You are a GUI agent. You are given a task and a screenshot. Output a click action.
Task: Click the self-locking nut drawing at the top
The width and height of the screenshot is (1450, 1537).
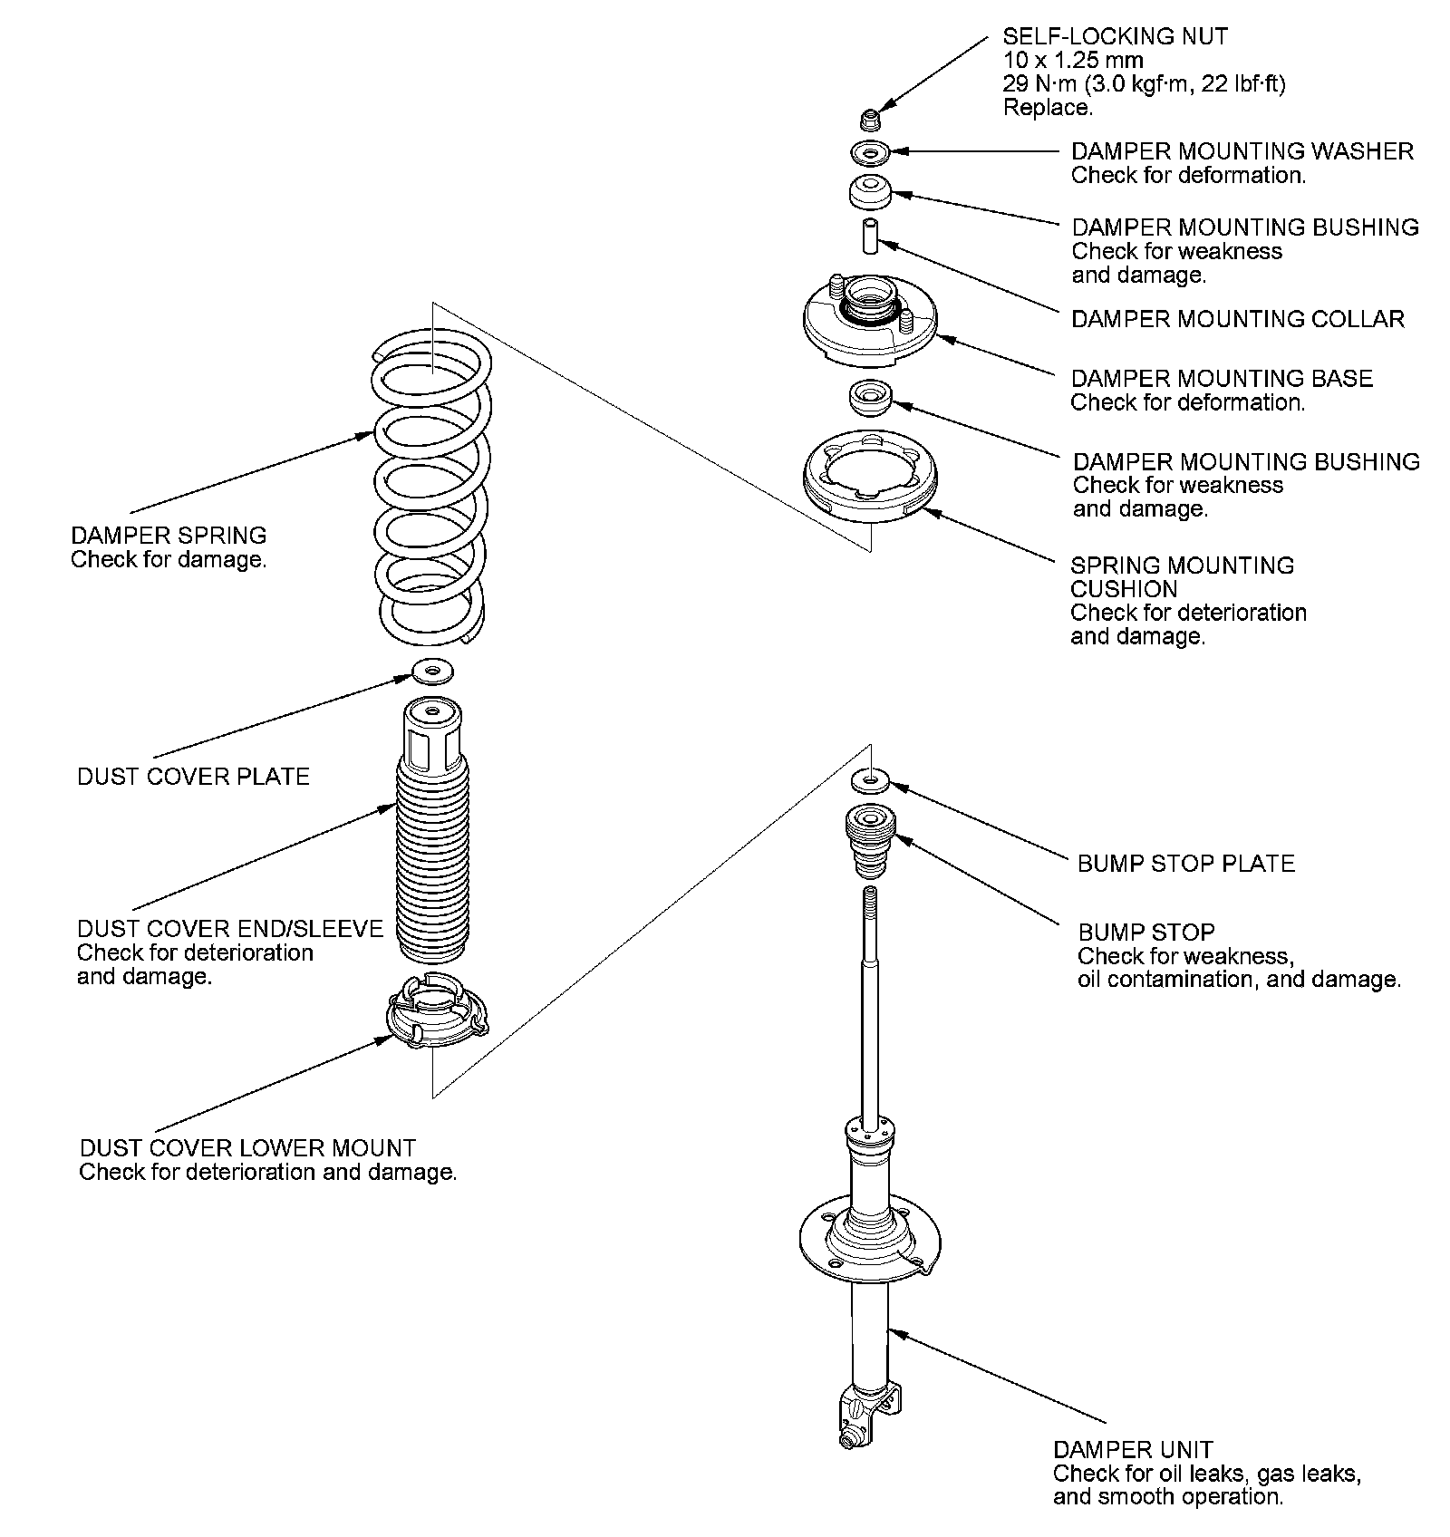pos(870,119)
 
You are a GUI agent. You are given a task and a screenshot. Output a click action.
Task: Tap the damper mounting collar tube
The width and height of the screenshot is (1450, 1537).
pos(870,236)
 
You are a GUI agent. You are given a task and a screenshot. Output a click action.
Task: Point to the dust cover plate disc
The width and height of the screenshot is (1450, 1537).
pos(433,672)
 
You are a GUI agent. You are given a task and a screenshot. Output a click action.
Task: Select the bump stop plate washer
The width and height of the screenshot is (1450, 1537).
pos(870,778)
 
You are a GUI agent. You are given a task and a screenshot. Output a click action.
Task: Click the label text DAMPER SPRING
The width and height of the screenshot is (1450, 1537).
pos(169,535)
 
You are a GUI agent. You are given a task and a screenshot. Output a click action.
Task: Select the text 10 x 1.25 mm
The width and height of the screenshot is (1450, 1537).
pos(1073,61)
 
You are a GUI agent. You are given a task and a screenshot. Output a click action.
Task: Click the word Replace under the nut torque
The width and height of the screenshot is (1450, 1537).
pos(1048,108)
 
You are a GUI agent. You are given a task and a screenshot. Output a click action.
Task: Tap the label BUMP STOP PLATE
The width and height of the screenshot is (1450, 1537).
pos(1186,863)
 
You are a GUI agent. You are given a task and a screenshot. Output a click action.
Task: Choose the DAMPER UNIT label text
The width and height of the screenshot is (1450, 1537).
pos(1133,1450)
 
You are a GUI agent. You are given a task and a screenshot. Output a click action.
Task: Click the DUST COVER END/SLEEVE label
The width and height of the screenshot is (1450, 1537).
pos(230,929)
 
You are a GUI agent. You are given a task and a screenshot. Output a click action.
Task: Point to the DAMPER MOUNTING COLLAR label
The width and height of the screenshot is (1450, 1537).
pos(1238,319)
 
